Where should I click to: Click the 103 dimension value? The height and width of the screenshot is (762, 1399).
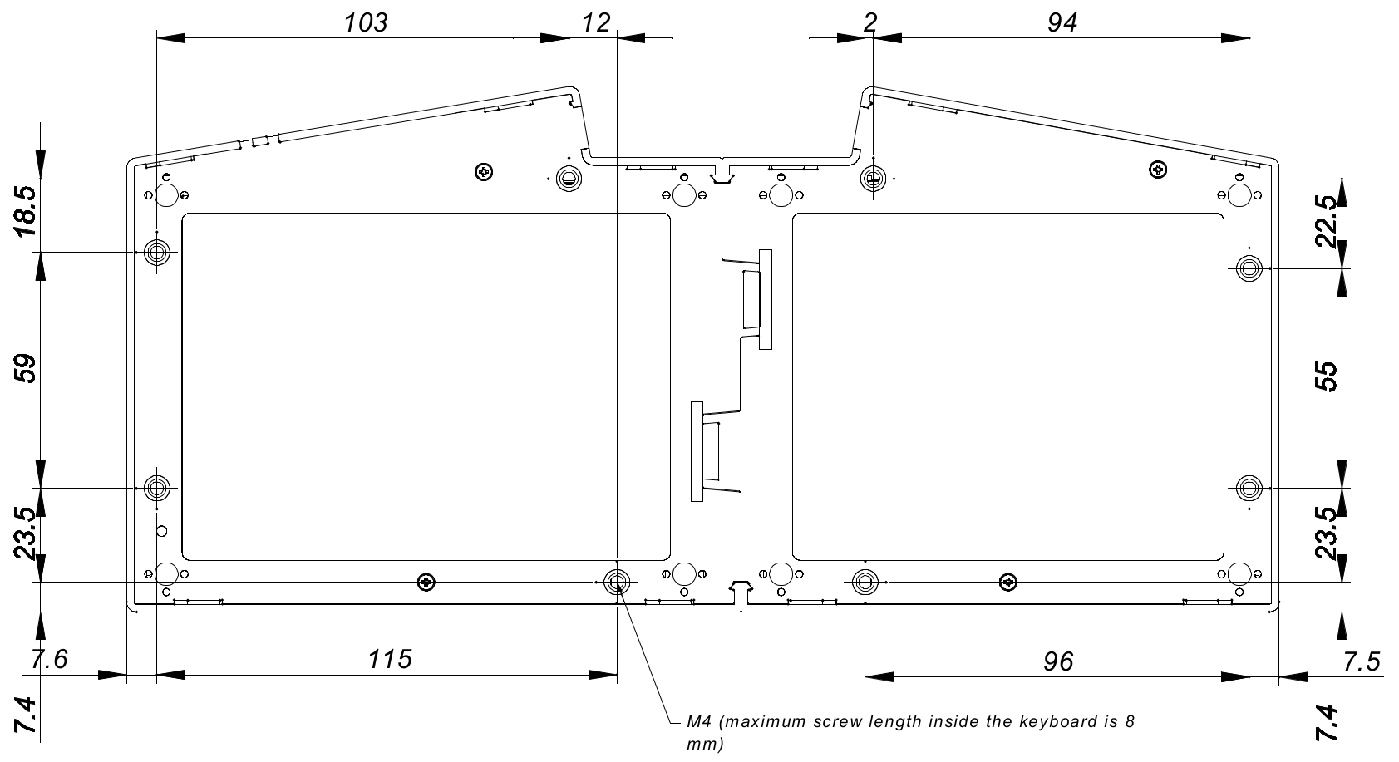[367, 22]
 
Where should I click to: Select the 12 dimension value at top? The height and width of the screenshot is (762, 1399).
[595, 22]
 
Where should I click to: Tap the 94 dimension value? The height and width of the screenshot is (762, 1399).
[1062, 22]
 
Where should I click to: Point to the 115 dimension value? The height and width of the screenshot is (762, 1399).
[390, 660]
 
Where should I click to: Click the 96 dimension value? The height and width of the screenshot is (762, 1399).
[1058, 661]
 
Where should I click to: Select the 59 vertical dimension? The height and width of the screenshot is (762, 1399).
[26, 368]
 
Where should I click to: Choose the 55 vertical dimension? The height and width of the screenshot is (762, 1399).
[1327, 376]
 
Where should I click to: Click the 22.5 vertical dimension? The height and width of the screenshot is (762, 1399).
[1327, 222]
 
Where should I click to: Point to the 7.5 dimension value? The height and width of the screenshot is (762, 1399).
[1362, 661]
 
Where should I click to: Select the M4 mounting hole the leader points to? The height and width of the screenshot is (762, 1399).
[617, 582]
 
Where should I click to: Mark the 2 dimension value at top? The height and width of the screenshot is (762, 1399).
[869, 22]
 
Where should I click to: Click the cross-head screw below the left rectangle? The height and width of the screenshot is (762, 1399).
[426, 581]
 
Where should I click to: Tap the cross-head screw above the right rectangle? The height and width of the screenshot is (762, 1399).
[1157, 170]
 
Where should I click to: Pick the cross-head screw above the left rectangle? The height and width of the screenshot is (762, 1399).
[483, 172]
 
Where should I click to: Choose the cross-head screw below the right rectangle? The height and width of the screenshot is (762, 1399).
[1008, 581]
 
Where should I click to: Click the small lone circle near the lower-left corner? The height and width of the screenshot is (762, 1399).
[162, 531]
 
